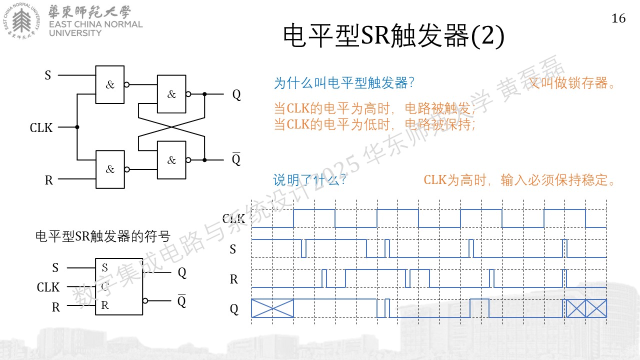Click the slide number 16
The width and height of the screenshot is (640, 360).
tap(618, 18)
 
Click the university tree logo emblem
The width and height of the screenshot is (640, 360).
tap(21, 21)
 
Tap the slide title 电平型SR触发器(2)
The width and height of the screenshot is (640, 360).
tap(393, 35)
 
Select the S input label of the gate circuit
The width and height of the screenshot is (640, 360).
tap(47, 75)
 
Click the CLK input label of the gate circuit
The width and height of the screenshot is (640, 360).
tap(41, 127)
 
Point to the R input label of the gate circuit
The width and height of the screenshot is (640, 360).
tap(49, 180)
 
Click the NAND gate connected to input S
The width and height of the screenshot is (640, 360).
tap(110, 84)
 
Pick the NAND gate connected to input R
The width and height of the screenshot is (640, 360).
tap(110, 169)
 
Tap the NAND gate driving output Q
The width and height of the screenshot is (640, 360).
tap(171, 94)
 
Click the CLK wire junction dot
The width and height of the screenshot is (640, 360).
tap(77, 127)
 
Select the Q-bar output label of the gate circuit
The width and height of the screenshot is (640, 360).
tap(236, 159)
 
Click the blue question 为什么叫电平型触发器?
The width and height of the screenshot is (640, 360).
tap(344, 83)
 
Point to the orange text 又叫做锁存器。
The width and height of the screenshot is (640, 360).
tap(571, 83)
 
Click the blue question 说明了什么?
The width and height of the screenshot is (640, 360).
tap(309, 180)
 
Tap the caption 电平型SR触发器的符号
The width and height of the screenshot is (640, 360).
tap(103, 236)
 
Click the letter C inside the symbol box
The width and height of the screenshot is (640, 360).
tap(105, 286)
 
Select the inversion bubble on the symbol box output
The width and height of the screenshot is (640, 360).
tap(145, 300)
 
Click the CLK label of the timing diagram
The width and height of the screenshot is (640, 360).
tap(233, 219)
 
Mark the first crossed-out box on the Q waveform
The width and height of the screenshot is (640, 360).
tap(272, 308)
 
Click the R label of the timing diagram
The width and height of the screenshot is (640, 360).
tap(233, 279)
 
